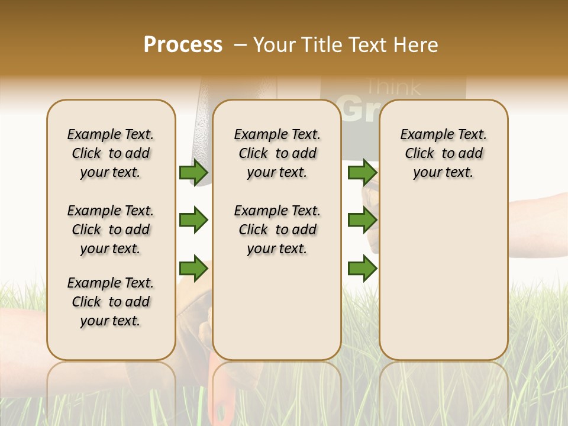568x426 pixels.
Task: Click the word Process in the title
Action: point(183,45)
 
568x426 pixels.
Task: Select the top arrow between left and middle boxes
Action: point(193,172)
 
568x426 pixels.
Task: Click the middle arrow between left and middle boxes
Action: point(193,221)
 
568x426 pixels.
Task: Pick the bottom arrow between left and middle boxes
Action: point(193,269)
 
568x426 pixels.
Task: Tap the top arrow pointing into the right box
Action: point(362,172)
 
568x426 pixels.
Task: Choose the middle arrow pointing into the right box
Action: point(362,221)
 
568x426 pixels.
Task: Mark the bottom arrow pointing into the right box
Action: point(362,269)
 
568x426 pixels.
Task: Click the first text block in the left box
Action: point(111,153)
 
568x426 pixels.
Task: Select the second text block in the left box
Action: point(111,230)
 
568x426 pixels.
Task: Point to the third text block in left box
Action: point(111,302)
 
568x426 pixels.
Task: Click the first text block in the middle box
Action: point(277,153)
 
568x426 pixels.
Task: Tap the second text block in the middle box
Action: point(277,230)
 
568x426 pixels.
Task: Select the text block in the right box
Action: point(444,153)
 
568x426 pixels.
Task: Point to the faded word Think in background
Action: point(393,88)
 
